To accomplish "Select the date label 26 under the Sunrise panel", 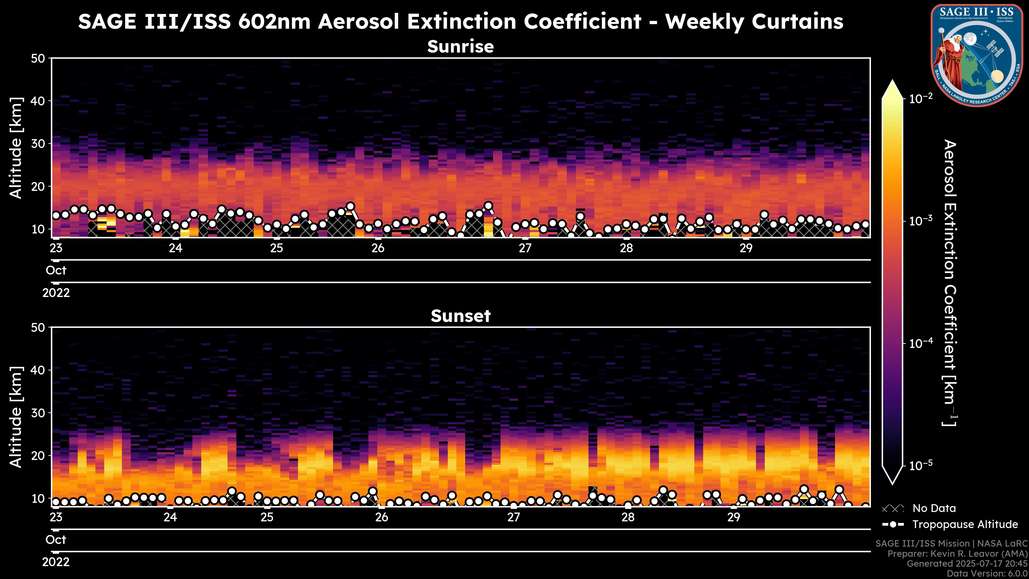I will coord(378,248).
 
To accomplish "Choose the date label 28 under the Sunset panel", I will coord(628,517).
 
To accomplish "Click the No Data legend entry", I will coord(934,508).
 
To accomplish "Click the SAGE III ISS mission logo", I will coord(976,55).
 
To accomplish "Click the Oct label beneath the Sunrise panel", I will coord(56,270).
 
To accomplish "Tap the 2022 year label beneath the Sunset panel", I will coord(56,562).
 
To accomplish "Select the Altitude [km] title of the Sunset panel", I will coord(16,417).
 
